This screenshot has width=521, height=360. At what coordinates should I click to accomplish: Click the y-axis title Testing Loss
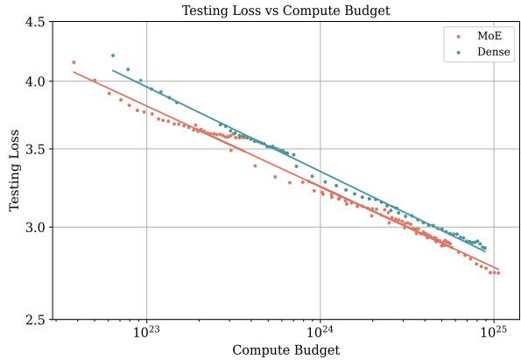(x=15, y=171)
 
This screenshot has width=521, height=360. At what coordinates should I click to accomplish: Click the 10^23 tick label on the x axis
(x=145, y=333)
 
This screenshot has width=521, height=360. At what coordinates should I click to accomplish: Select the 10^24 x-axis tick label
(x=320, y=333)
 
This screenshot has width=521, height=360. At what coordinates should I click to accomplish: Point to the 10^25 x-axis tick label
(x=494, y=333)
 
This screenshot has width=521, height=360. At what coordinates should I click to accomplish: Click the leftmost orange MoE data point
(x=74, y=62)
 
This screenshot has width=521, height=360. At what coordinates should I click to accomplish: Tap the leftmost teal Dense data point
(x=112, y=55)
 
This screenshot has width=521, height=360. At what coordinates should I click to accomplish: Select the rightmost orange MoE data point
(x=498, y=272)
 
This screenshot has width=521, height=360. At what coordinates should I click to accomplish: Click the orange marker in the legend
(x=458, y=37)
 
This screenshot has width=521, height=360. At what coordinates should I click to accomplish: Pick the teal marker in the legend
(x=458, y=53)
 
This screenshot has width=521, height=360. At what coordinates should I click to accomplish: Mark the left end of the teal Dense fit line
(x=112, y=70)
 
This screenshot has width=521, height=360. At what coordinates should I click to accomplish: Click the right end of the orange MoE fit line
(x=498, y=269)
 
